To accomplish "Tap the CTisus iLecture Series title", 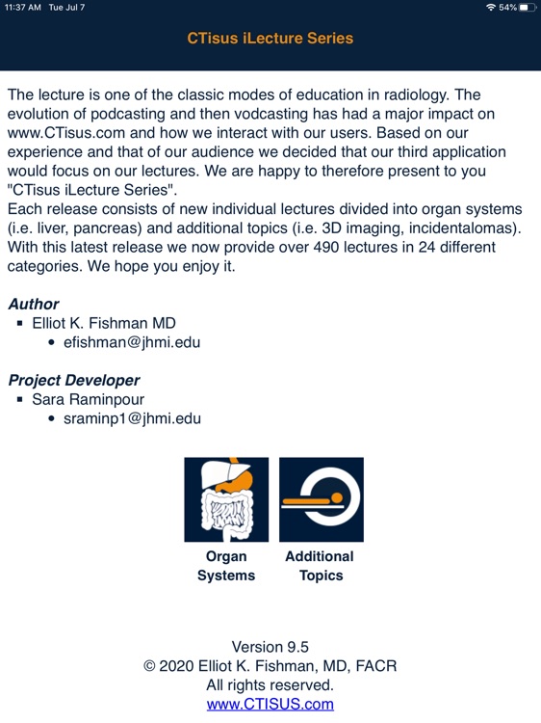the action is coord(270,39).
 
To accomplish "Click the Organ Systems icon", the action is coord(226,499).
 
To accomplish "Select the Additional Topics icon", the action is coord(321,499).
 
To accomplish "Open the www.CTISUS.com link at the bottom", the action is coord(270,704).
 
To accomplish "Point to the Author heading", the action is coord(34,305).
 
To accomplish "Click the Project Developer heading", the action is coord(74,381).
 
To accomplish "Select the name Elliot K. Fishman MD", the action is coord(104,323).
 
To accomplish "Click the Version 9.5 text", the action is coord(270,647).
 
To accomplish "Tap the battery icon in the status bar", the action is coord(525,7).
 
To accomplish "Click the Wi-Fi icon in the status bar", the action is coord(491,7).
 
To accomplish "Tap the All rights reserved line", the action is coord(270,685).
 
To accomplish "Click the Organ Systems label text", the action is coord(226,566).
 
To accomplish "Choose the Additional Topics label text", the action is coord(320,566).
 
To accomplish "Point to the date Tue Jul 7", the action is coord(67,7).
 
